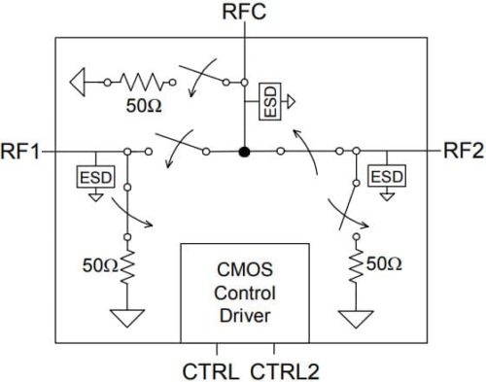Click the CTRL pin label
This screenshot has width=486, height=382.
click(206, 370)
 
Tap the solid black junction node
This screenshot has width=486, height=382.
click(245, 152)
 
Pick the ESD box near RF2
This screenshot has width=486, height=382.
click(388, 176)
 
